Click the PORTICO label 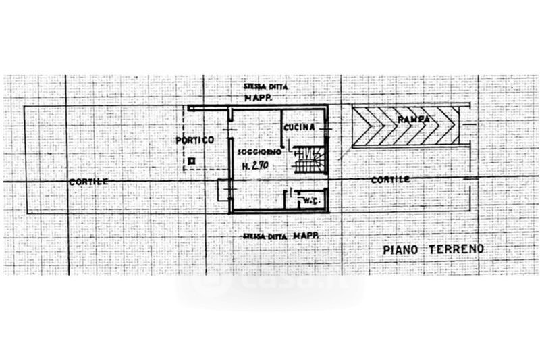coord(194,140)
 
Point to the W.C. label coord(310,201)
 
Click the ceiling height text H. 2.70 coord(255,165)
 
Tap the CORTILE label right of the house coord(390,180)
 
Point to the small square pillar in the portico coord(192,161)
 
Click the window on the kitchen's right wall coord(328,127)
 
